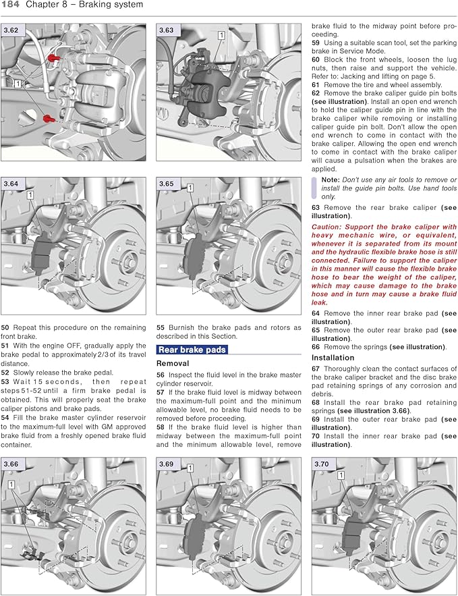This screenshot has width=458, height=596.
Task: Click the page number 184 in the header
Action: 11,5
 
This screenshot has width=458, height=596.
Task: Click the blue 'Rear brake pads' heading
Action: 192,350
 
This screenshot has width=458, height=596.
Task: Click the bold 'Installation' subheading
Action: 333,358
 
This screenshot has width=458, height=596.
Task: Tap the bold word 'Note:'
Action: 331,180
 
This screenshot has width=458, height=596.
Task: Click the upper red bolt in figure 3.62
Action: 56,59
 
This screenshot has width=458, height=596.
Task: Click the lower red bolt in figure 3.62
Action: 48,118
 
